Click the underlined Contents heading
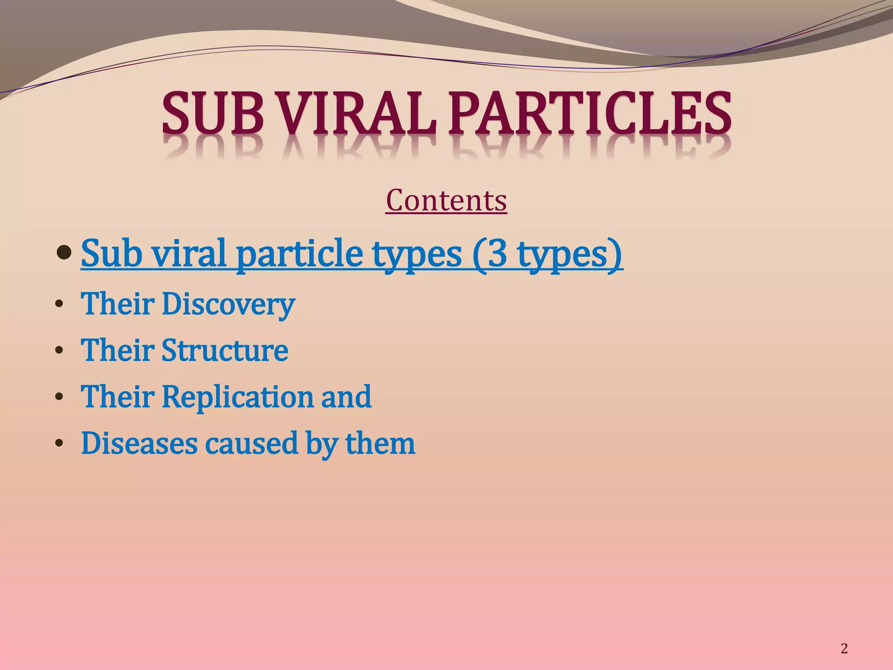pos(446,201)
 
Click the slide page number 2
pos(844,649)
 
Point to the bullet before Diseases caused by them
pos(59,444)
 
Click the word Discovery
pos(228,304)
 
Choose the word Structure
pos(225,350)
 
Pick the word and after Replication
pos(346,397)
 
